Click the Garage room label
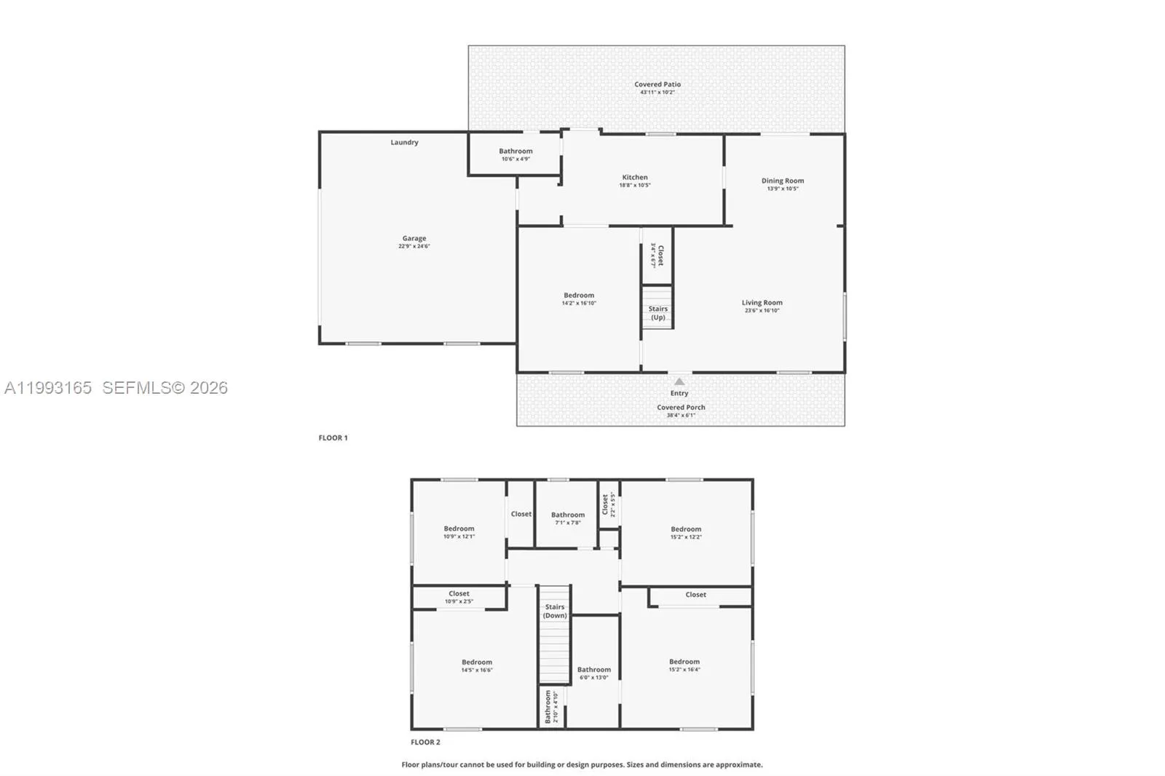point(414,238)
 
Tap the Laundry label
point(404,143)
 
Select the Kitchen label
point(635,178)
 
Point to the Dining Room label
point(783,181)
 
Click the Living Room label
point(762,303)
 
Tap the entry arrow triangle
point(679,381)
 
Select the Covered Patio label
point(657,84)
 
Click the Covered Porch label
point(681,408)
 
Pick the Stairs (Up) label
point(657,313)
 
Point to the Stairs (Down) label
point(555,611)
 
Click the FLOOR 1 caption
point(333,438)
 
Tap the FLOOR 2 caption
point(425,743)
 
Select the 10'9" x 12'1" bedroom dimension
point(459,537)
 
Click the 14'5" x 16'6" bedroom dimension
point(477,670)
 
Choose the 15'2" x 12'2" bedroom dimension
point(686,537)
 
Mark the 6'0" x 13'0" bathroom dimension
point(594,678)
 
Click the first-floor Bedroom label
point(579,296)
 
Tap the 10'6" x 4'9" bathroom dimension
point(516,159)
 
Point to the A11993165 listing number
point(48,388)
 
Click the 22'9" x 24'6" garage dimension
point(414,246)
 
